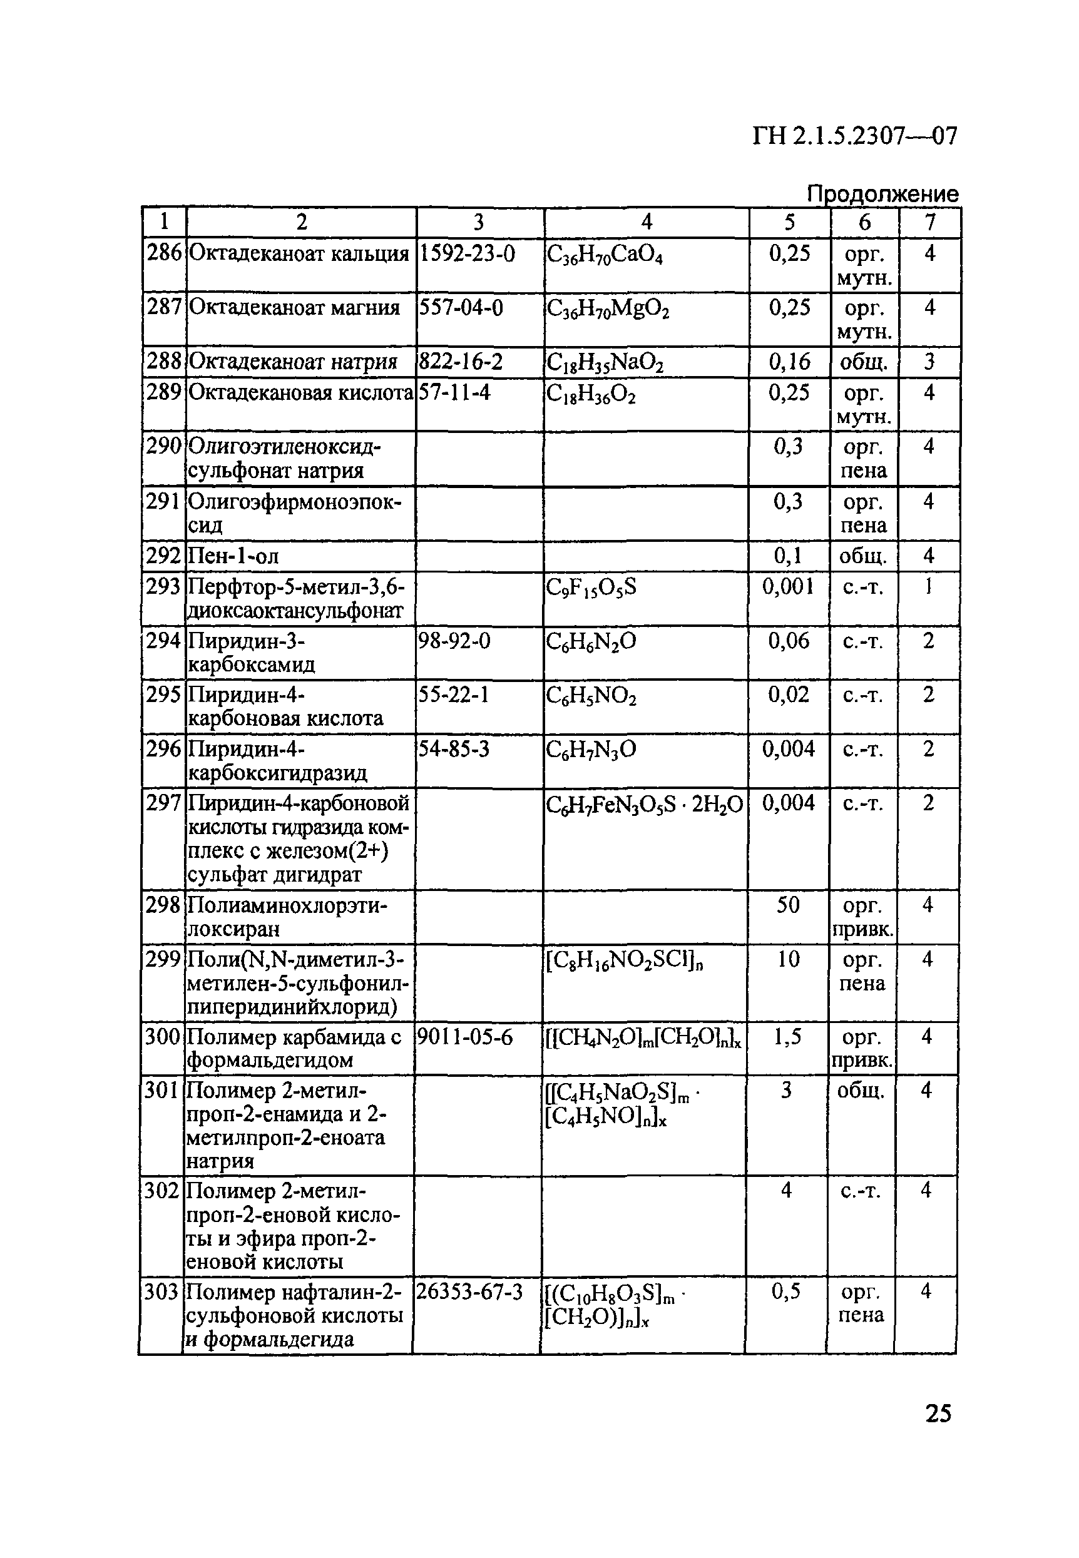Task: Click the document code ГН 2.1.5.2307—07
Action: point(854,136)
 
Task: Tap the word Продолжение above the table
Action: point(882,194)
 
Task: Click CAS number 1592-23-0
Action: point(467,254)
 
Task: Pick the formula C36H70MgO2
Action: point(608,310)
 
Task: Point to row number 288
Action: point(164,362)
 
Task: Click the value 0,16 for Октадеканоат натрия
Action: point(789,362)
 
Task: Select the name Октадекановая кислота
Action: point(300,393)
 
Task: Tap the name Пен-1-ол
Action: point(233,556)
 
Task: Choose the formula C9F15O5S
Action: point(591,588)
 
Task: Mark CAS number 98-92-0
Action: point(455,641)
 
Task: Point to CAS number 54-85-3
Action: point(454,749)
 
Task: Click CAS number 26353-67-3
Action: point(469,1291)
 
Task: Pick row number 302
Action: point(161,1190)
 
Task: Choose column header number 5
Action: point(789,221)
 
